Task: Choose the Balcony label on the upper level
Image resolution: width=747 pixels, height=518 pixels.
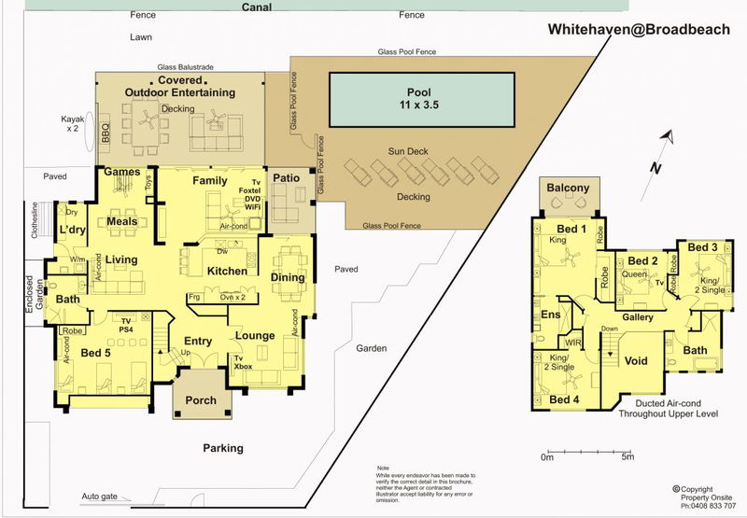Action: tap(568, 189)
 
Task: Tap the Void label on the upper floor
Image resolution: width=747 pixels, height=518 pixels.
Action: tap(635, 361)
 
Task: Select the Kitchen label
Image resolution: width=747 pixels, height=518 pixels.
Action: tap(227, 272)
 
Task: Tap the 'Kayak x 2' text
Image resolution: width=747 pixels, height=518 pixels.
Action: tap(73, 125)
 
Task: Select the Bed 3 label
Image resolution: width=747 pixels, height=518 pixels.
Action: tap(702, 247)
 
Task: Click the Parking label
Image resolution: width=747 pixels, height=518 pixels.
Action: tap(223, 448)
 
